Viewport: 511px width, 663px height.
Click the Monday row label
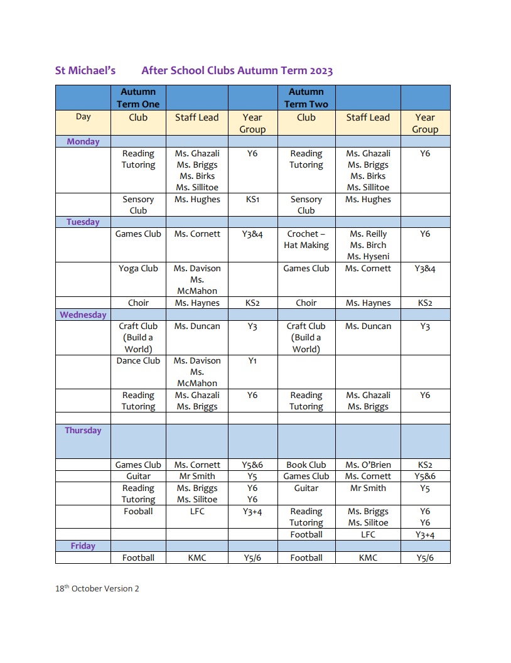point(83,141)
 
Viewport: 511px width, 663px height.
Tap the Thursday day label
point(83,430)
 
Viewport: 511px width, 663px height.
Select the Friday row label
point(83,546)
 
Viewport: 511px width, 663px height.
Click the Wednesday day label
point(83,315)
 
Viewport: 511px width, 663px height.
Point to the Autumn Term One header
point(138,98)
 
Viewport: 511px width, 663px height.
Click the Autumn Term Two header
point(306,98)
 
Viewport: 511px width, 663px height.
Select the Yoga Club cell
point(138,268)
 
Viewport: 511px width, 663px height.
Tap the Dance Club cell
point(138,360)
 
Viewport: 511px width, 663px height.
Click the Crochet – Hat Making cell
point(306,239)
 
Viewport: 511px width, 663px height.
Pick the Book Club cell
point(306,465)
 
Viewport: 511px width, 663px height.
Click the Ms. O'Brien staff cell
point(368,465)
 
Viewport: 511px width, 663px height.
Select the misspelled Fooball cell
point(138,511)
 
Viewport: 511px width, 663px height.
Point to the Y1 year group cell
point(252,360)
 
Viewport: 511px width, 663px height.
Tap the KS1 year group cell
point(252,199)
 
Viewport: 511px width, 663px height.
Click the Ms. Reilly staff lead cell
point(368,234)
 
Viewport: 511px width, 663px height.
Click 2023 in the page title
point(319,70)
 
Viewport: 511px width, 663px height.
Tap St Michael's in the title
point(85,70)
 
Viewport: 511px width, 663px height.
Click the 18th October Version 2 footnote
point(97,588)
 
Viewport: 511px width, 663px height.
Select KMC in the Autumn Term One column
point(196,558)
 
